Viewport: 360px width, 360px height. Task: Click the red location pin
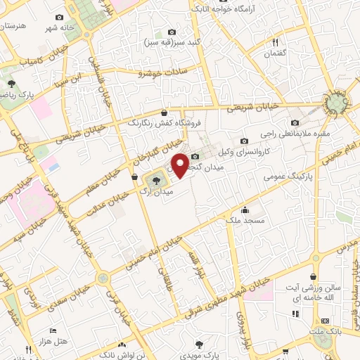181,165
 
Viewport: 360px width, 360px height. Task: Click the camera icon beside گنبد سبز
172,32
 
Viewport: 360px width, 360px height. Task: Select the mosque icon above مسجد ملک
244,210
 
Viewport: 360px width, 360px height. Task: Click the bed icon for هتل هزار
53,330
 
